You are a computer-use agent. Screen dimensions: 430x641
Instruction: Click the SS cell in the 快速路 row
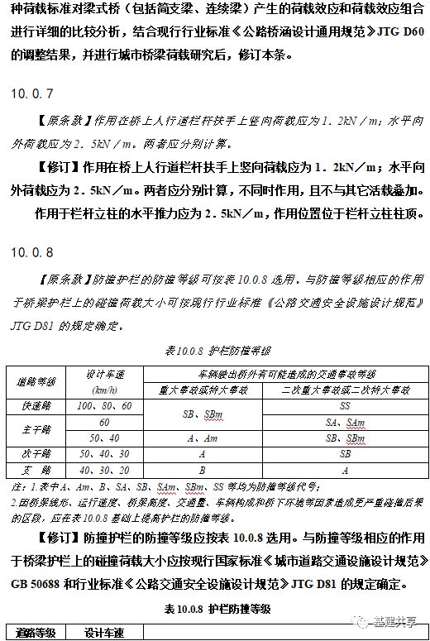pyautogui.click(x=344, y=407)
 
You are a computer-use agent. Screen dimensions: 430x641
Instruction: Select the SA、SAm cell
pyautogui.click(x=344, y=422)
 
